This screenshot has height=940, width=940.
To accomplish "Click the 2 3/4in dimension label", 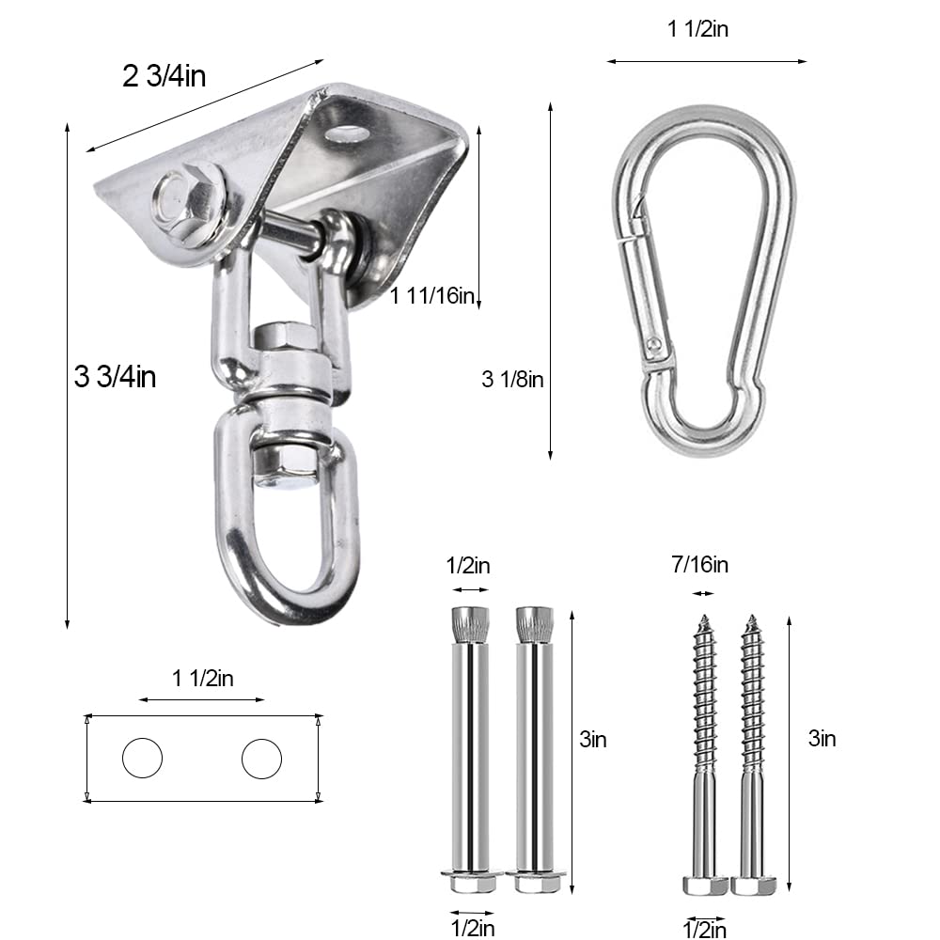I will (164, 76).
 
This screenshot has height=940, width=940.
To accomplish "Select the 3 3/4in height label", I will (115, 377).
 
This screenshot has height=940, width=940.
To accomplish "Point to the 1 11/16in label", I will (431, 296).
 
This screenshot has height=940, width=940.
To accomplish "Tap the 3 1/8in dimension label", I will (512, 380).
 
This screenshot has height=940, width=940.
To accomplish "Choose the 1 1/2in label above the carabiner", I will (698, 29).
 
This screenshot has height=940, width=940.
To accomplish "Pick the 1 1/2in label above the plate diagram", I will (203, 679).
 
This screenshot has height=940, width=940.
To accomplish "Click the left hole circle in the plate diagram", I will (142, 758).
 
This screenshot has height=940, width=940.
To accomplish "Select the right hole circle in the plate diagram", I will (261, 758).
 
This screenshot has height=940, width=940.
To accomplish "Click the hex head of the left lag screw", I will (705, 885).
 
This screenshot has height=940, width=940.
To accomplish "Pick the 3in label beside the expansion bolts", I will (592, 740).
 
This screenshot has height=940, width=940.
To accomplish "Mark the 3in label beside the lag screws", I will (822, 739).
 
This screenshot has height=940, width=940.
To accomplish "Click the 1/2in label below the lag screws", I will (704, 930).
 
